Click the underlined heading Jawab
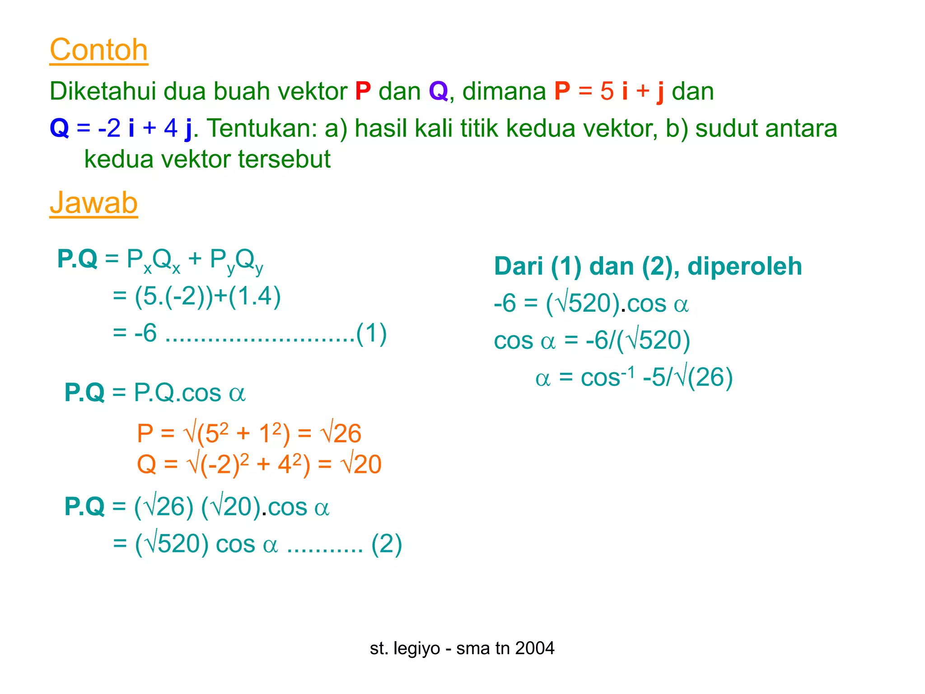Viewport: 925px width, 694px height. point(93,203)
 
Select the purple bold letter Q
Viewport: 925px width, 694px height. point(438,91)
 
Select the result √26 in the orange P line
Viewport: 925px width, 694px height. point(341,433)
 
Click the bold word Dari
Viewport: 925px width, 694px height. point(518,266)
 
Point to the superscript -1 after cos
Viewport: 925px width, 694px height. point(628,371)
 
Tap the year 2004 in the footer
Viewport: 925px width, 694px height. point(535,648)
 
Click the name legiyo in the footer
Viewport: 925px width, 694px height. point(416,648)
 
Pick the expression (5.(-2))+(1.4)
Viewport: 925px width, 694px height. point(208,297)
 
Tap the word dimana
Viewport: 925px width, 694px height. point(504,91)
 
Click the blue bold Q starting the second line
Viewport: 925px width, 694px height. point(59,128)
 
